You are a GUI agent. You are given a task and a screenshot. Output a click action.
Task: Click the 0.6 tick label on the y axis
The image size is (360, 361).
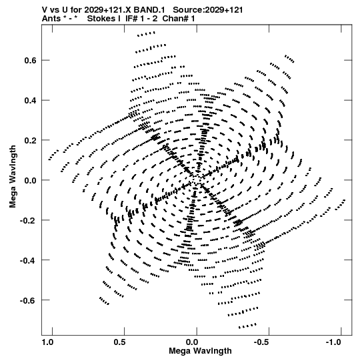[x=30, y=60]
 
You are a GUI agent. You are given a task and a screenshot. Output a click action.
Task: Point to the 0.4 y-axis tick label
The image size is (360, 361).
[x=30, y=100]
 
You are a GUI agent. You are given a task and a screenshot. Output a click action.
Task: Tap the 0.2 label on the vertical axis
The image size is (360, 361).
[x=30, y=140]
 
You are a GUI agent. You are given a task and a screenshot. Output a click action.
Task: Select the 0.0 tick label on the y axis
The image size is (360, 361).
[x=30, y=180]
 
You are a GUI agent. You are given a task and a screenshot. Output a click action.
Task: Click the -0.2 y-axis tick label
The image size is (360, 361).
[x=28, y=220]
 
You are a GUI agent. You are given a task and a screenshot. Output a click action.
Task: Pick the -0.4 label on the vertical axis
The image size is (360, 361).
[x=28, y=260]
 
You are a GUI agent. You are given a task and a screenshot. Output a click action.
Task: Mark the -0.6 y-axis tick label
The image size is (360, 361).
[x=28, y=300]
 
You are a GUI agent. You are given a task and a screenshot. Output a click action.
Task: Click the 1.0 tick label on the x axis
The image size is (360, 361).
[x=47, y=342]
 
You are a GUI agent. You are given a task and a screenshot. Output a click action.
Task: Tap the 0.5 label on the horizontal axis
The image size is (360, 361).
[x=119, y=342]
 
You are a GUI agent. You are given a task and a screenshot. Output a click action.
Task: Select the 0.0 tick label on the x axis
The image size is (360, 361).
[x=192, y=342]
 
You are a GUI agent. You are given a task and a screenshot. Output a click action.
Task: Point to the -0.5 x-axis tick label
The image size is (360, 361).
[x=262, y=342]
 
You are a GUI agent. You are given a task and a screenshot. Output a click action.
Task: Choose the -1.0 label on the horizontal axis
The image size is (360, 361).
[x=333, y=342]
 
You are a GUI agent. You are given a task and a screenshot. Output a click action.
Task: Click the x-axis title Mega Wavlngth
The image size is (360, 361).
[x=200, y=351]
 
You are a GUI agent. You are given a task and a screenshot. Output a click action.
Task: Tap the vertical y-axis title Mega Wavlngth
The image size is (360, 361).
[x=13, y=177]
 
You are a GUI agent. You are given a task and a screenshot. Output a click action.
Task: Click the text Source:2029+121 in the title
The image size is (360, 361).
[x=208, y=10]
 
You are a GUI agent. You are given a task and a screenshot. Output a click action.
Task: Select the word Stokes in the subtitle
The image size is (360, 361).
[x=103, y=19]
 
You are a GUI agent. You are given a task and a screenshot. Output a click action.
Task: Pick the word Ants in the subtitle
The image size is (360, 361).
[x=51, y=19]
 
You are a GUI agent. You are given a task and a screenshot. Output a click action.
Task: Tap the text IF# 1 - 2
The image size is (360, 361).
[x=141, y=19]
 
